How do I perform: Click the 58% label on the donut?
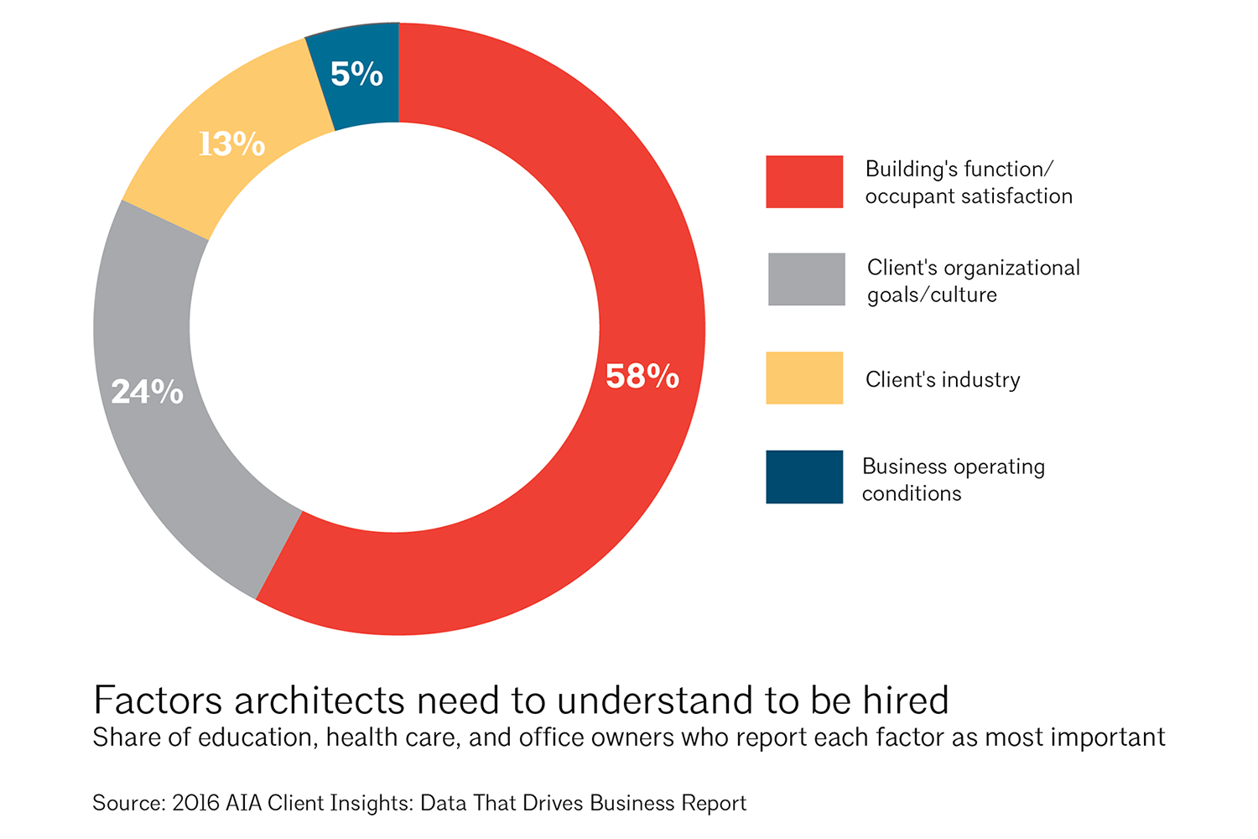(642, 377)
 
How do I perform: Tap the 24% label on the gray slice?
(148, 392)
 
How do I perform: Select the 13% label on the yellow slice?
(231, 144)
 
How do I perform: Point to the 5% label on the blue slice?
(356, 75)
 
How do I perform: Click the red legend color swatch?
(804, 182)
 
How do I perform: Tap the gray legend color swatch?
(806, 279)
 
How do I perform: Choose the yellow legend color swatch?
(804, 378)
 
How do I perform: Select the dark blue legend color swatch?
(804, 477)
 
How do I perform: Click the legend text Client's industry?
(943, 380)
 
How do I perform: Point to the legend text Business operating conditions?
(953, 480)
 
